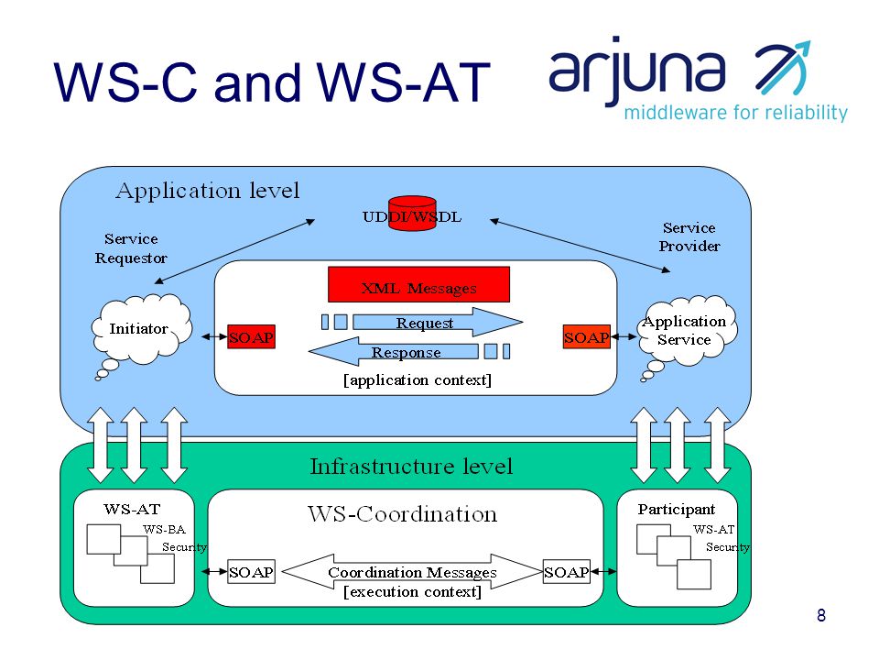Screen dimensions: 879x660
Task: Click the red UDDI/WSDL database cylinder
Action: click(412, 213)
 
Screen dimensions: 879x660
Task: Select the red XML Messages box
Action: click(418, 284)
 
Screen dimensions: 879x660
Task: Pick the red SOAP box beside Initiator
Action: click(251, 336)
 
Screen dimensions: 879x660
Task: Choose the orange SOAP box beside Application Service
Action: click(586, 336)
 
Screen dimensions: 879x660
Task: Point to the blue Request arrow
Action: click(438, 322)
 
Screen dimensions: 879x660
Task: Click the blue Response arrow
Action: click(394, 352)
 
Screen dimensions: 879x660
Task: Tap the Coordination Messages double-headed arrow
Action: click(412, 571)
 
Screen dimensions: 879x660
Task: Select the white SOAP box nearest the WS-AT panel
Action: click(251, 572)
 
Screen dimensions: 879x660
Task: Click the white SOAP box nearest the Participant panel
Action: click(566, 572)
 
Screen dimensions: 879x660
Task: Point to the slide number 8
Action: click(821, 615)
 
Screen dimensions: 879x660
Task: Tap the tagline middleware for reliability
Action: click(735, 112)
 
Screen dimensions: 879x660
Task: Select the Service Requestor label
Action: click(131, 248)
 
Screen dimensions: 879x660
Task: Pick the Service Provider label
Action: click(689, 236)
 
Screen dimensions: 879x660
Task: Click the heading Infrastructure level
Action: click(411, 467)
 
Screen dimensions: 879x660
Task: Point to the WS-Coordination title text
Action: click(403, 514)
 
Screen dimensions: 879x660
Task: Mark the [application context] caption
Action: click(418, 380)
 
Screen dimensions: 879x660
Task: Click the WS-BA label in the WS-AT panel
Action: click(164, 529)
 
